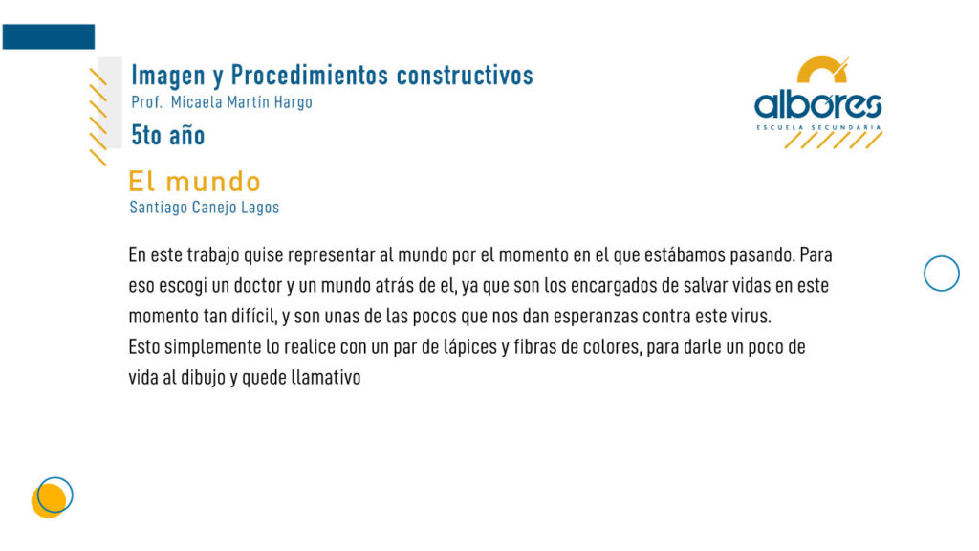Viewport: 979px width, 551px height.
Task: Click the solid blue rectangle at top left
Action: pyautogui.click(x=49, y=37)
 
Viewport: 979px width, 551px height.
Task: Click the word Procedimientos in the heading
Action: pyautogui.click(x=310, y=75)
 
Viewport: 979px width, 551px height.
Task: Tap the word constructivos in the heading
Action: pyautogui.click(x=465, y=75)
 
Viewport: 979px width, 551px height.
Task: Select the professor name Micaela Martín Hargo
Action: pyautogui.click(x=242, y=102)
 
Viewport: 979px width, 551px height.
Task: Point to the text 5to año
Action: pyautogui.click(x=168, y=135)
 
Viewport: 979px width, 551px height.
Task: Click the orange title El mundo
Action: pyautogui.click(x=194, y=182)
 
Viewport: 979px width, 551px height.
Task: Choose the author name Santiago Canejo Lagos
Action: pyautogui.click(x=205, y=208)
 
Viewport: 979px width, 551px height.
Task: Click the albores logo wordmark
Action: pyautogui.click(x=818, y=105)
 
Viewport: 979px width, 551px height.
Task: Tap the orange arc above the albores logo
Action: pyautogui.click(x=822, y=66)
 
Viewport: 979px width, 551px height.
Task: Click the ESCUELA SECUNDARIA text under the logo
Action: pyautogui.click(x=818, y=127)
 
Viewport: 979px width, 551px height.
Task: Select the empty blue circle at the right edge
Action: pyautogui.click(x=942, y=256)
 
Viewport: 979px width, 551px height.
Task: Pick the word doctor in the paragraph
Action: pyautogui.click(x=257, y=285)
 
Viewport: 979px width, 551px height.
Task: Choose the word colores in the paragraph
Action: pyautogui.click(x=612, y=347)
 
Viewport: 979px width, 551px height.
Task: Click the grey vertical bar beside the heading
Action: pyautogui.click(x=111, y=102)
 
